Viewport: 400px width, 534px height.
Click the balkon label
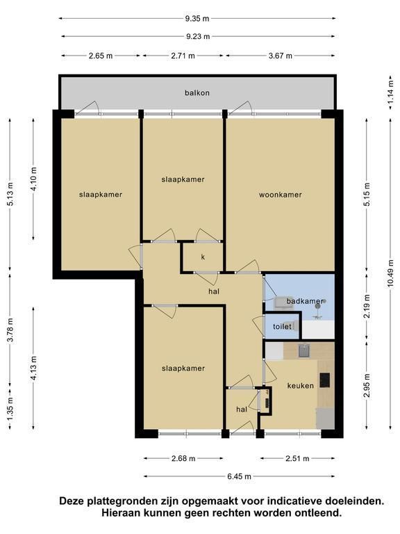tap(197, 92)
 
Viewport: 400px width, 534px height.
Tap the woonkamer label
tap(281, 195)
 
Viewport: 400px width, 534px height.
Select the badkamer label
tap(305, 301)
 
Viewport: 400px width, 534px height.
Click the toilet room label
tap(282, 327)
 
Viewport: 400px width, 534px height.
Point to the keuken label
tap(300, 385)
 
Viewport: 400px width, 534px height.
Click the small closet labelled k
tap(203, 257)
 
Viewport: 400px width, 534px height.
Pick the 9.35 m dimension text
tap(197, 18)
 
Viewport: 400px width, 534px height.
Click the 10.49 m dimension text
tap(390, 274)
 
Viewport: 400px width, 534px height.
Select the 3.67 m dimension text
tap(281, 56)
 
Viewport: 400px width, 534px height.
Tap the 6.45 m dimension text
tap(239, 476)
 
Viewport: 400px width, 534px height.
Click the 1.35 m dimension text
tap(10, 409)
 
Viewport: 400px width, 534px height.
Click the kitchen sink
tap(304, 350)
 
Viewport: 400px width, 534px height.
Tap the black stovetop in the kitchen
tap(324, 380)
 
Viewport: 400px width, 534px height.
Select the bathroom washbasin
tap(283, 302)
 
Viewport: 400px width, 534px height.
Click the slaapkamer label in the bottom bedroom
tap(183, 369)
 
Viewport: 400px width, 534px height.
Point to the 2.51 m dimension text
tap(298, 459)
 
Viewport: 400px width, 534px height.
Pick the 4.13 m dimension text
tap(33, 368)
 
